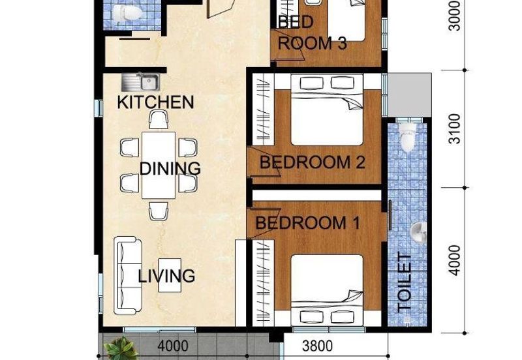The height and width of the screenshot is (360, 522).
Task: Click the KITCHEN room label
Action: click(155, 102)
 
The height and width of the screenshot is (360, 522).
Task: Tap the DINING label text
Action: click(170, 168)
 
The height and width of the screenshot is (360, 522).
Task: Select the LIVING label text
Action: click(166, 276)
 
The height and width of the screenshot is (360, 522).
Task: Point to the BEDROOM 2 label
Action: click(313, 162)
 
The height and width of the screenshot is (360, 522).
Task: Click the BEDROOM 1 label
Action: click(307, 222)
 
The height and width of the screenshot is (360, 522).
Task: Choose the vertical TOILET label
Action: click(405, 283)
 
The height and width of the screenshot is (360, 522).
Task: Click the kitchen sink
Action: click(140, 82)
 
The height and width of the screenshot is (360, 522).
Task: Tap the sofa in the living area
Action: click(127, 275)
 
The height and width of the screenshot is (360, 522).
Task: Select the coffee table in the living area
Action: click(170, 275)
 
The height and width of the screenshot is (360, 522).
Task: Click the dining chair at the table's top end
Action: click(159, 120)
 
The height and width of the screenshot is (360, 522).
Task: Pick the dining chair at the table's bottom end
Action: click(159, 211)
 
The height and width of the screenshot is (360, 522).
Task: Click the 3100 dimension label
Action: click(454, 129)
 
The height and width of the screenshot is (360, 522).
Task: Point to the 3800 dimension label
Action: click(317, 346)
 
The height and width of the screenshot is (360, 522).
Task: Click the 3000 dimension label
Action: click(454, 16)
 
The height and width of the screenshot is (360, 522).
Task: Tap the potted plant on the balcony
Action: click(121, 348)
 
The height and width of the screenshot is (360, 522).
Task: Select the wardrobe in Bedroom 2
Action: click(263, 110)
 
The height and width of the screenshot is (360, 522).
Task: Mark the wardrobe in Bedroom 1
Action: click(263, 283)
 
